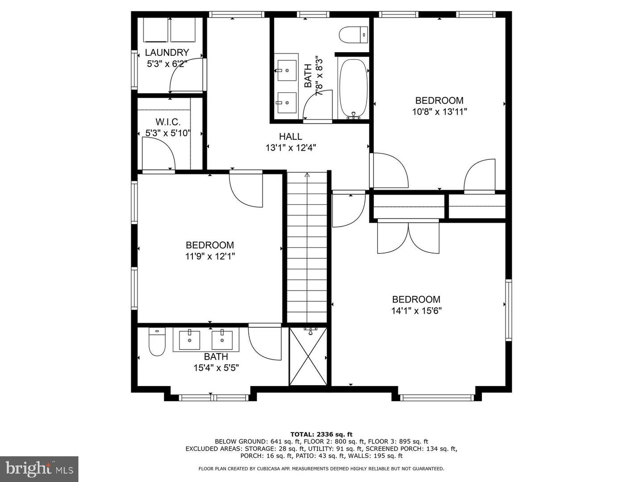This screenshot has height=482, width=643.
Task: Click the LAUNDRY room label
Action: pyautogui.click(x=167, y=53)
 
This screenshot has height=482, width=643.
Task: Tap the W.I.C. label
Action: pyautogui.click(x=168, y=122)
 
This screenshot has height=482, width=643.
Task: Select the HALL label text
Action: pyautogui.click(x=291, y=137)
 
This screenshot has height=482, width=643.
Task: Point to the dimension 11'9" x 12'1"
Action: pyautogui.click(x=210, y=256)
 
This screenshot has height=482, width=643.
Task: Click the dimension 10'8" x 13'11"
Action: pyautogui.click(x=439, y=112)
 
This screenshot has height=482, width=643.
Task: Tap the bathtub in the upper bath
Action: pyautogui.click(x=354, y=88)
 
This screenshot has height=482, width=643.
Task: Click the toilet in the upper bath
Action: pyautogui.click(x=352, y=35)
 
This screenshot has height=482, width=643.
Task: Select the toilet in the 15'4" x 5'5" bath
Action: pyautogui.click(x=157, y=342)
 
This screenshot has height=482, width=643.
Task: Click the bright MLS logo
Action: pyautogui.click(x=39, y=469)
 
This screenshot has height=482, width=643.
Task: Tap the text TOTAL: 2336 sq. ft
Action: pyautogui.click(x=321, y=434)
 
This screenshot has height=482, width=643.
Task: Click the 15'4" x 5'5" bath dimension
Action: pyautogui.click(x=216, y=368)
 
